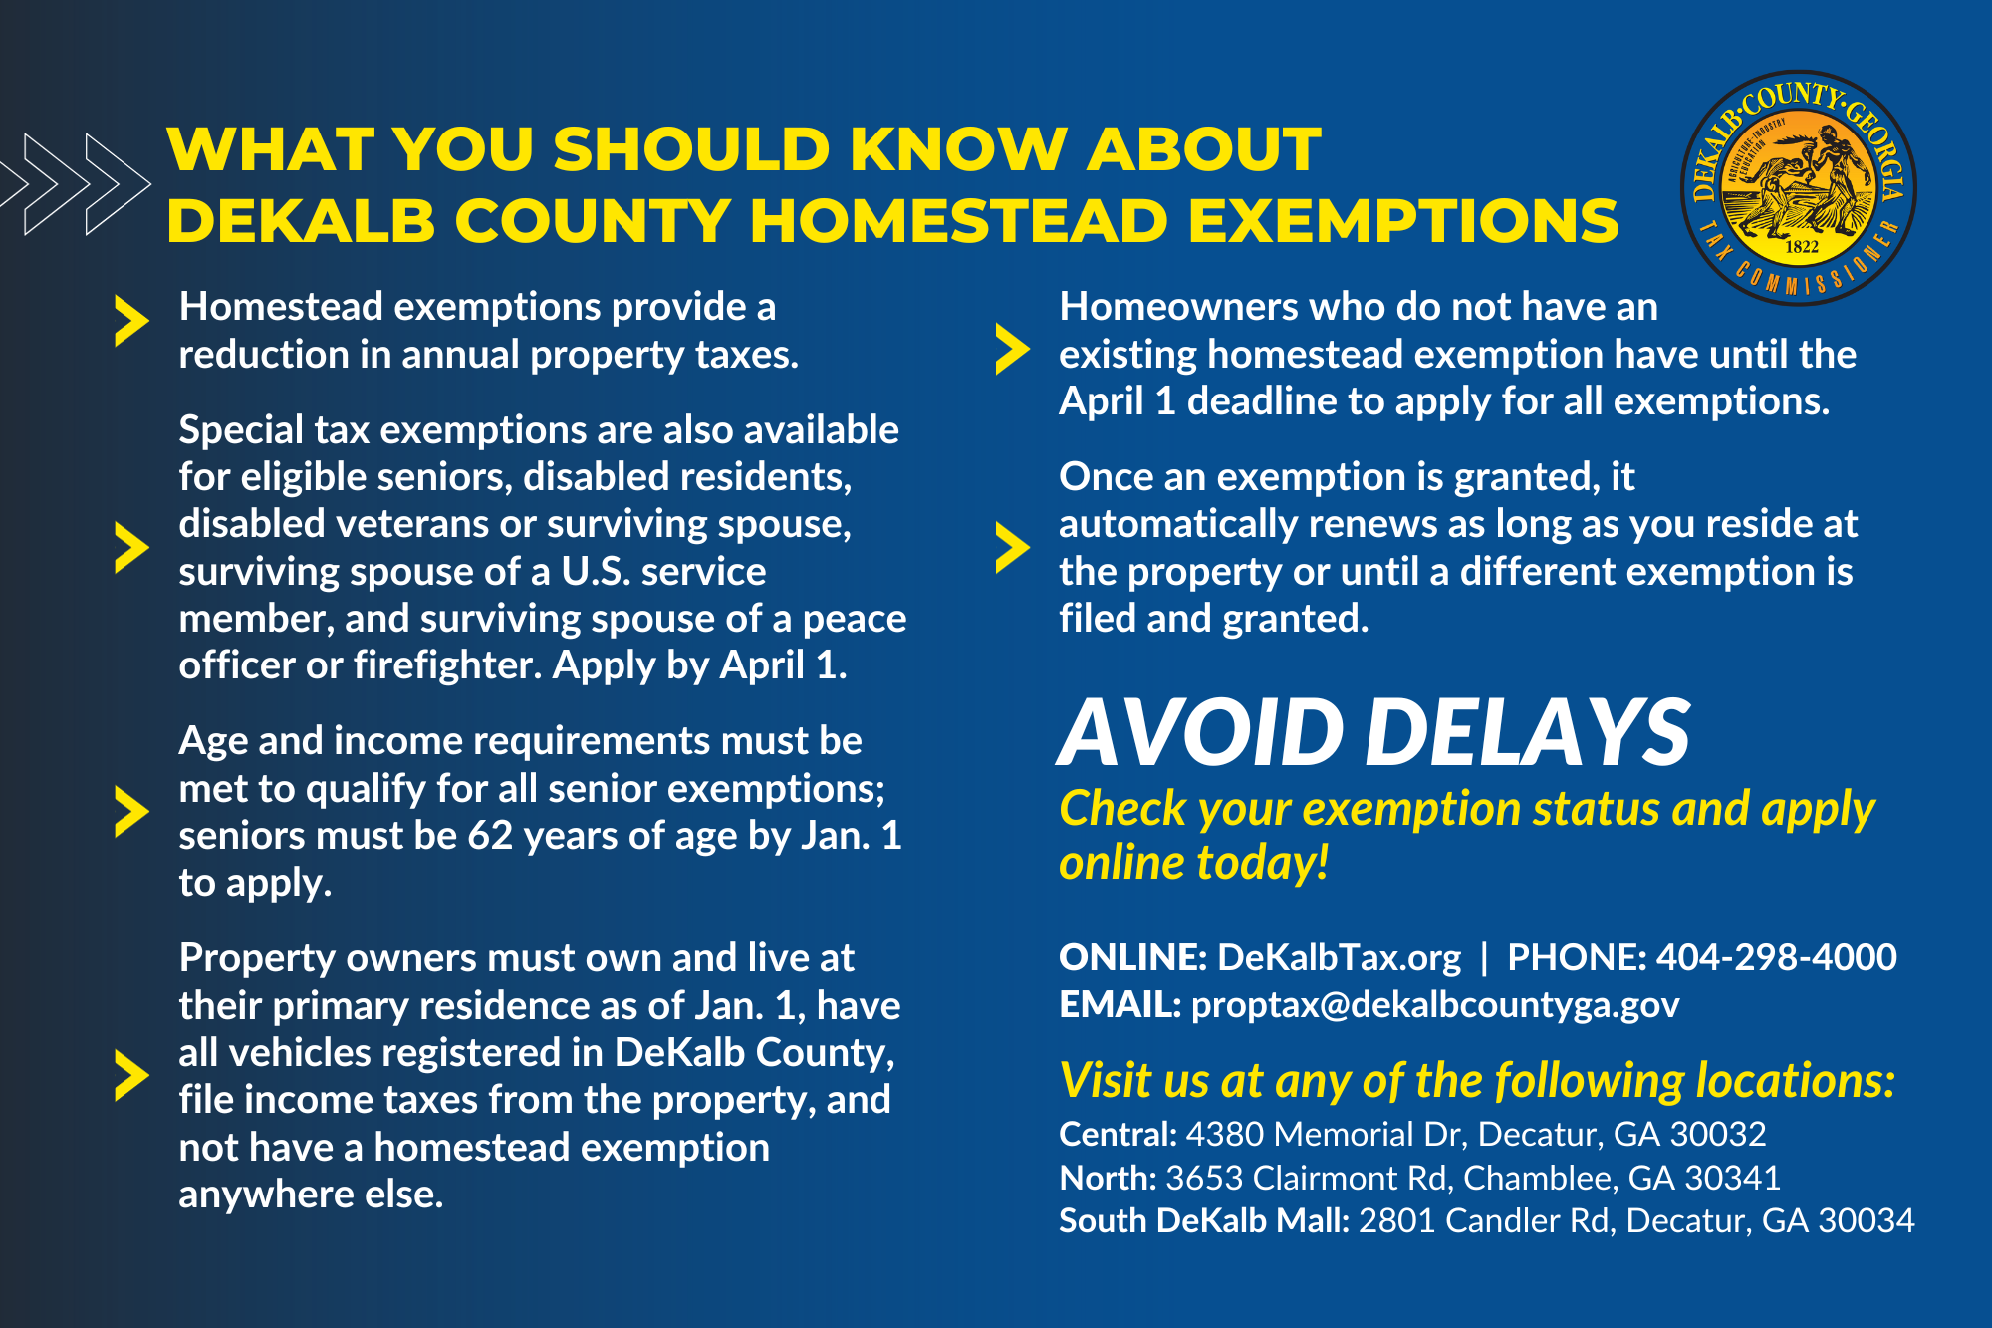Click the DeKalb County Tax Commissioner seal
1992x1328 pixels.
(1799, 187)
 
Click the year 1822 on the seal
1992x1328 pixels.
(1802, 246)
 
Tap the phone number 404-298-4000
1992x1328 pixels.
(1776, 957)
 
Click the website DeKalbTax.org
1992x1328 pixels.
(1339, 957)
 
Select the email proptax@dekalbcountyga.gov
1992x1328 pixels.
(1434, 1004)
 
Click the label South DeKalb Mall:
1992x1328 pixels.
(1203, 1220)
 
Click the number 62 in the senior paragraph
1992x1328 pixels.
(490, 836)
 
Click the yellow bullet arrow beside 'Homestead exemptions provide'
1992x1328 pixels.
(130, 321)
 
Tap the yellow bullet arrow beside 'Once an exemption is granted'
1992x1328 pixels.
(1011, 548)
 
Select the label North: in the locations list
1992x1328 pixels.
(1107, 1178)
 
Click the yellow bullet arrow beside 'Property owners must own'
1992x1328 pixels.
(130, 1075)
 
